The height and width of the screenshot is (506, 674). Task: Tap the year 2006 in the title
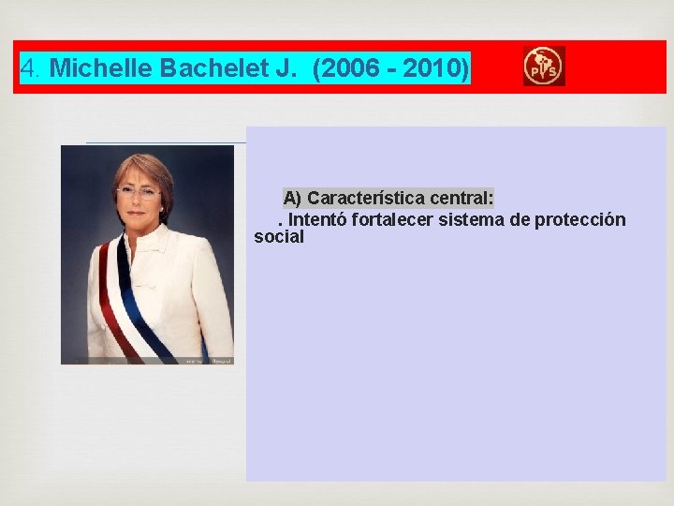pyautogui.click(x=350, y=68)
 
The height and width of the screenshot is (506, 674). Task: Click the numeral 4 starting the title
pyautogui.click(x=28, y=68)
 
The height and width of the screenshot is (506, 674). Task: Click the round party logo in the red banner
pyautogui.click(x=543, y=67)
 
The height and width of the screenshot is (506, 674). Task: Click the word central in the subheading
pyautogui.click(x=460, y=198)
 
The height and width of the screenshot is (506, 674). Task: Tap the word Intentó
pyautogui.click(x=317, y=219)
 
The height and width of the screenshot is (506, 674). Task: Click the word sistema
pyautogui.click(x=465, y=219)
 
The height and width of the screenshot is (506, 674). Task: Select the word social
pyautogui.click(x=279, y=237)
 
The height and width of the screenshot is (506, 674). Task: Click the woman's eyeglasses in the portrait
pyautogui.click(x=138, y=194)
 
